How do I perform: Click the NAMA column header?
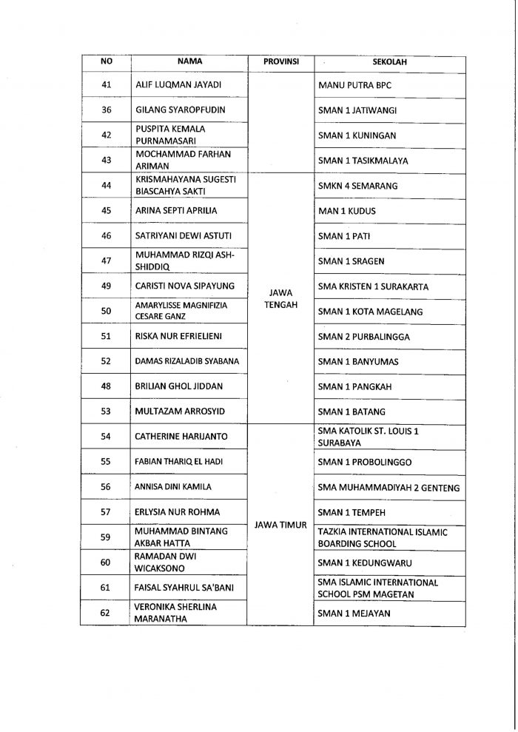[x=189, y=61]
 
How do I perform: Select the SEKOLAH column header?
[x=390, y=62]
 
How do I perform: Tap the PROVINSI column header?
[x=281, y=61]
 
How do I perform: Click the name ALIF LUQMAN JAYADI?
[x=178, y=85]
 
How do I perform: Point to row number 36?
[x=106, y=110]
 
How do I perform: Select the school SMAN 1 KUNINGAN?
[x=357, y=135]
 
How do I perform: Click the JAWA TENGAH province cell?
[x=281, y=298]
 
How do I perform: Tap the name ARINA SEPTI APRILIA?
[x=176, y=211]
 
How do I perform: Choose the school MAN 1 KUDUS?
[x=347, y=211]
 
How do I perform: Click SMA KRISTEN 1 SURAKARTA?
[x=373, y=286]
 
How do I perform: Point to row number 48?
[x=106, y=386]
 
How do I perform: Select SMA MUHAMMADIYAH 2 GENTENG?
[x=388, y=488]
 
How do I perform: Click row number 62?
[x=106, y=613]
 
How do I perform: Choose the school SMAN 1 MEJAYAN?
[x=354, y=613]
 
